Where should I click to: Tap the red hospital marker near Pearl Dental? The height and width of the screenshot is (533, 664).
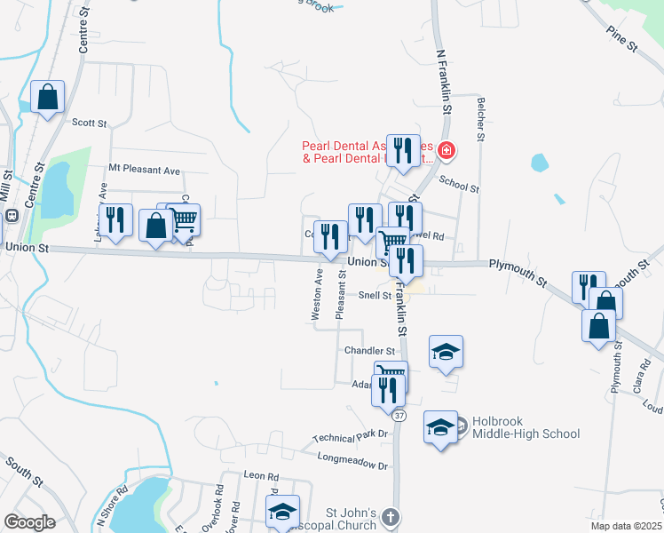point(446,152)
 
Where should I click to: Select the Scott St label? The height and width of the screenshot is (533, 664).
point(89,123)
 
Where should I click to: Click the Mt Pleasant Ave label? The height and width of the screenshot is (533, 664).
point(144,169)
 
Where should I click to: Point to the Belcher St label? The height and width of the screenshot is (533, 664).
point(480,120)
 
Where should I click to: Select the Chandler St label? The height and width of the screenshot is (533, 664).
point(369,351)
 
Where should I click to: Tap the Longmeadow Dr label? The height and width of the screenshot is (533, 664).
point(353,460)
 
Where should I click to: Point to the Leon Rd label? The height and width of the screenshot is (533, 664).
point(261,475)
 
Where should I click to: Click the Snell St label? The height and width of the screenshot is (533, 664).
point(375,295)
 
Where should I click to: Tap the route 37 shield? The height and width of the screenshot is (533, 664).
point(399,416)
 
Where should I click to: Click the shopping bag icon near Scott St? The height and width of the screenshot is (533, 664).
point(47,97)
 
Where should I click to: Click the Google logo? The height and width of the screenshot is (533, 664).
point(29,522)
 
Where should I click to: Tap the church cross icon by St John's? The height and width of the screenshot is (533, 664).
point(392,515)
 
